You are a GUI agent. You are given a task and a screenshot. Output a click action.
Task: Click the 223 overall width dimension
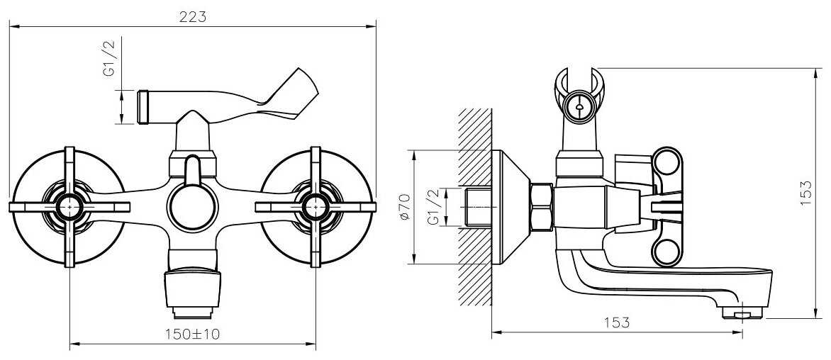(x=192, y=17)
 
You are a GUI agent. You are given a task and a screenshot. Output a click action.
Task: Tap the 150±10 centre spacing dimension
(x=192, y=334)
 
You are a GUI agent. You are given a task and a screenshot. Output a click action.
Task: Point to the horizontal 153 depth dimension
(x=616, y=322)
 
